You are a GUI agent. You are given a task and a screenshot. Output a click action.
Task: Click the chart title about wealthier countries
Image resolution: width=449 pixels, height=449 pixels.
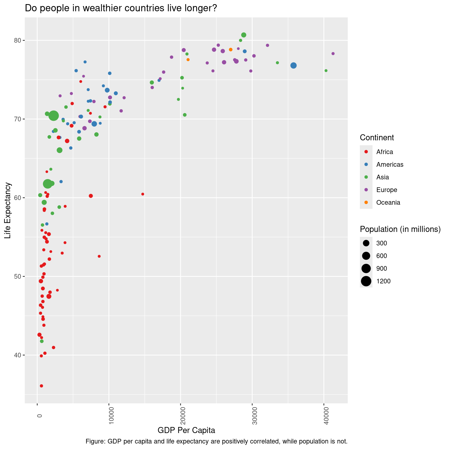coord(121,9)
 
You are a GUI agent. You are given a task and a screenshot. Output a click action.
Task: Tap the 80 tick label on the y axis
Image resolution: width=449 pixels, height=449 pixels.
coord(18,41)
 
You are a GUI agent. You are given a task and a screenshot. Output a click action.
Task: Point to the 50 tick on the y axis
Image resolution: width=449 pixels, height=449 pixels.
coord(18,276)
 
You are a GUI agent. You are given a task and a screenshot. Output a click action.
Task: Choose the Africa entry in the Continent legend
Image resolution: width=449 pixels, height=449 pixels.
coord(385,152)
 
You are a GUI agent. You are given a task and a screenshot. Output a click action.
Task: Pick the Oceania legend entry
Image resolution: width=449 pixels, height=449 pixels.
coord(388,202)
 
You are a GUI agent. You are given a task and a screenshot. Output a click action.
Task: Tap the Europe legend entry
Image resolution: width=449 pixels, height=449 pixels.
coord(387,190)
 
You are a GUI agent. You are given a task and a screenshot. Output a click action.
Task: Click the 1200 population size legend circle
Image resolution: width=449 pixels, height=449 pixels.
coord(366,281)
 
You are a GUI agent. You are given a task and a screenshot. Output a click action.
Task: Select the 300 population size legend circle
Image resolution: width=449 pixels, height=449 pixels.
coord(366,243)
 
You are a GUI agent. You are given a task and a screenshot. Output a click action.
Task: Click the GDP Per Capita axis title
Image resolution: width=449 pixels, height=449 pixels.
coord(186,430)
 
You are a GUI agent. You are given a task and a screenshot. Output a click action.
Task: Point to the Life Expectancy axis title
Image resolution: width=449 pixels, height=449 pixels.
coord(8,210)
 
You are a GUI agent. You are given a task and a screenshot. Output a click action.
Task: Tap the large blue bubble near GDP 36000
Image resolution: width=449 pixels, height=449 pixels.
coord(294,65)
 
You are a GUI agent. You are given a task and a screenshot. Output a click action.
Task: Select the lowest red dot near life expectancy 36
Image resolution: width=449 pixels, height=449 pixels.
coord(42,386)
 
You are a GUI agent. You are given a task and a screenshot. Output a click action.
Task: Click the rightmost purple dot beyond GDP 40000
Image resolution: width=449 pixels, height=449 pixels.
coord(333,54)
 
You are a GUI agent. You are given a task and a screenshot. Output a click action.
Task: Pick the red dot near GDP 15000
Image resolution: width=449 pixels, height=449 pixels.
coord(143,194)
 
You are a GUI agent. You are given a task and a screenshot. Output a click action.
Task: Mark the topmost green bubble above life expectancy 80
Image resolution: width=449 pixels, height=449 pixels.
coord(243,35)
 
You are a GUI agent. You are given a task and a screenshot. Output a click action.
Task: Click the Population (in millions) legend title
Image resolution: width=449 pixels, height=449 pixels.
coord(400,229)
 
